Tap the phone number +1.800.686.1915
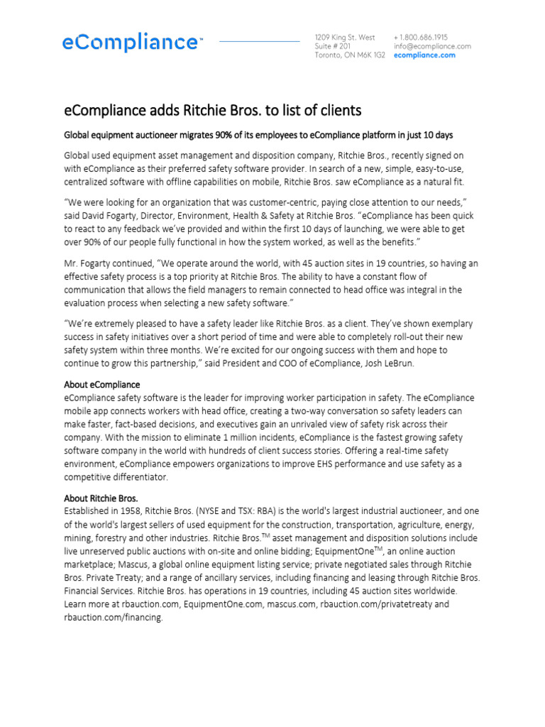(x=421, y=37)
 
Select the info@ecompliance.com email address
(x=431, y=46)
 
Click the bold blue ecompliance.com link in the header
(x=424, y=55)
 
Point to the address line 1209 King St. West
(x=345, y=37)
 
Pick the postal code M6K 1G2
(x=372, y=55)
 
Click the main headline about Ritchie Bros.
(x=213, y=111)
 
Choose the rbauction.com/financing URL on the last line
(x=114, y=618)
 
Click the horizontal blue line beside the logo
(x=259, y=42)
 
